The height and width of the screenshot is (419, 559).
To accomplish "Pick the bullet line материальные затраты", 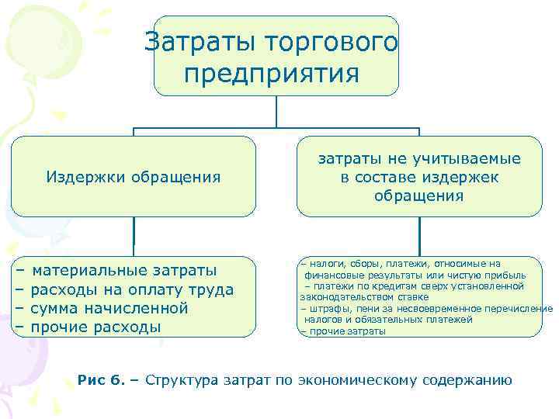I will pyautogui.click(x=124, y=271).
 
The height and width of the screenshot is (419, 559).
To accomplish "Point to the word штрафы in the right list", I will pyautogui.click(x=325, y=309).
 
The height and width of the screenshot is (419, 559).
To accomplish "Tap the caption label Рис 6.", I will pyautogui.click(x=101, y=380).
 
